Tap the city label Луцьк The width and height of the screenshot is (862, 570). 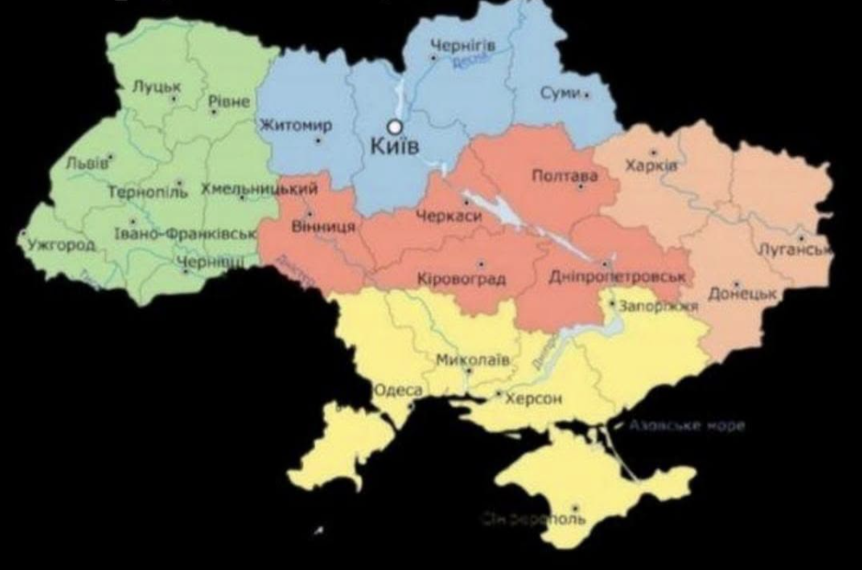click(157, 86)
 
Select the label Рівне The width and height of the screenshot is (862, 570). click(228, 101)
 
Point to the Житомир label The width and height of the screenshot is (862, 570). click(295, 126)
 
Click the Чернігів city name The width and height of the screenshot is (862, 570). click(462, 46)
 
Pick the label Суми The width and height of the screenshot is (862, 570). click(560, 93)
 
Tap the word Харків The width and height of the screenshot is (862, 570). click(650, 165)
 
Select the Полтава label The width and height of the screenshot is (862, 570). click(564, 177)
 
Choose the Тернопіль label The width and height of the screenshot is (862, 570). click(147, 191)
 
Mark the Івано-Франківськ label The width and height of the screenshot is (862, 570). click(185, 234)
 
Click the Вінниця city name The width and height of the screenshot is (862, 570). click(324, 226)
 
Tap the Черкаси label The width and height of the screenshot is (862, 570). click(448, 217)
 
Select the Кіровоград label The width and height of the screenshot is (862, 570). click(461, 279)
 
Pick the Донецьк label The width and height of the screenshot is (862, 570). click(742, 295)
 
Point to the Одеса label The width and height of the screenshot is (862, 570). click(398, 391)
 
